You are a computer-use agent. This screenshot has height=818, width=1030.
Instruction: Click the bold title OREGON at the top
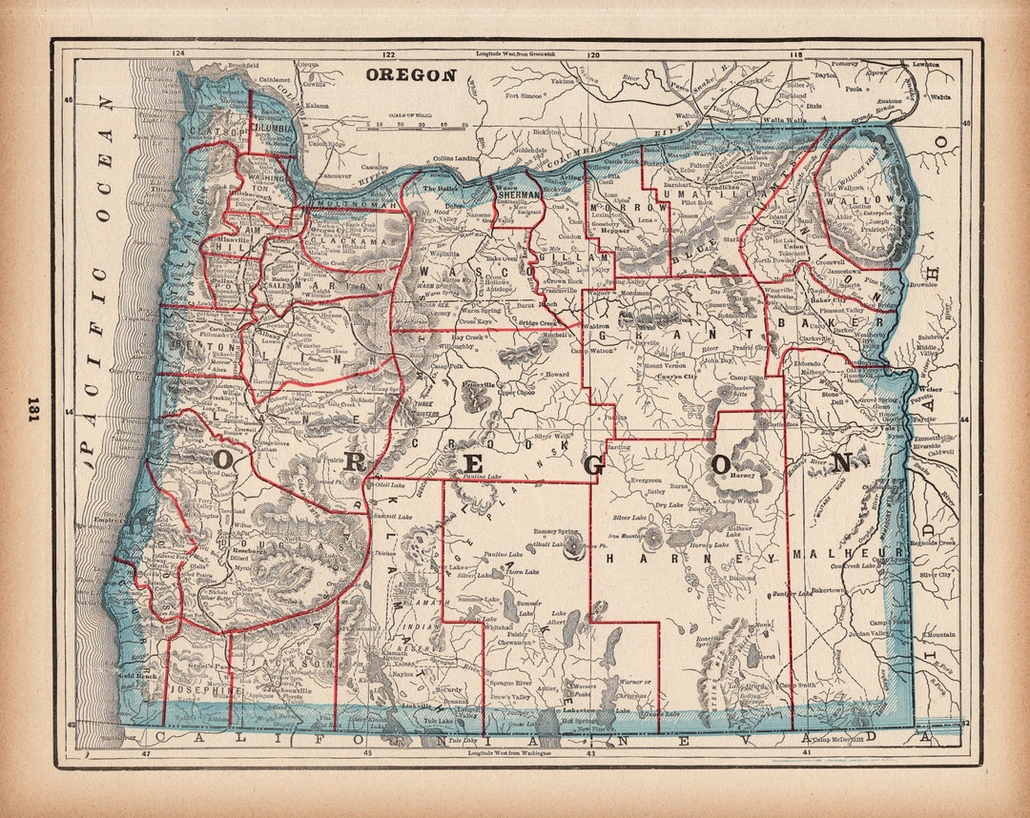(411, 74)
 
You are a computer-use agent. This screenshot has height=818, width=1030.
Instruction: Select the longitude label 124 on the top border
(176, 54)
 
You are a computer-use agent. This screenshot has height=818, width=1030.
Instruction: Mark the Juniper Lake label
(791, 593)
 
